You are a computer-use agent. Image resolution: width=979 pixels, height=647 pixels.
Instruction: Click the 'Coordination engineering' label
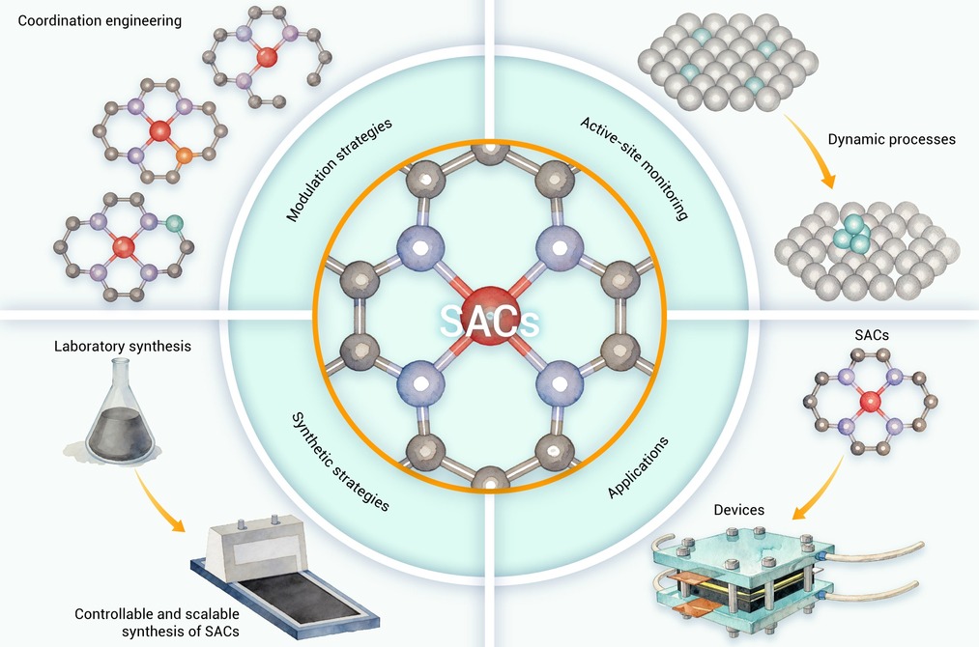100,20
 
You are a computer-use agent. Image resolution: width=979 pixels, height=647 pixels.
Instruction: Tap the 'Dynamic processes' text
892,139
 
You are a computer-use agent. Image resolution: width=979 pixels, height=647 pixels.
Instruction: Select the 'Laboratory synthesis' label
123,347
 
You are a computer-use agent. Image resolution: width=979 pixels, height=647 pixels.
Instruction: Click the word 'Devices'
738,510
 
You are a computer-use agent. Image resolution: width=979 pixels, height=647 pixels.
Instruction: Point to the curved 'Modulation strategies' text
338,169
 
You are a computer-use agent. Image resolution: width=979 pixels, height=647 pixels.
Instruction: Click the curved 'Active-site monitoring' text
634,168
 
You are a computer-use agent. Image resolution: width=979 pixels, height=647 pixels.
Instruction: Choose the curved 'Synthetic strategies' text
341,462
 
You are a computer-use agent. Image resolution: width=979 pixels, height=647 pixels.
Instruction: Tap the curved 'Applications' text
638,468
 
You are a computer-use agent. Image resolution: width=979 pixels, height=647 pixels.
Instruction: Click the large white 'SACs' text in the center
489,321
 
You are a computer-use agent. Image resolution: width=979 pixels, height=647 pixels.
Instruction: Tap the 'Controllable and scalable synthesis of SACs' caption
157,623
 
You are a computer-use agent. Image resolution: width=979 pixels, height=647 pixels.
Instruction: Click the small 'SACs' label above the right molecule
872,335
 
